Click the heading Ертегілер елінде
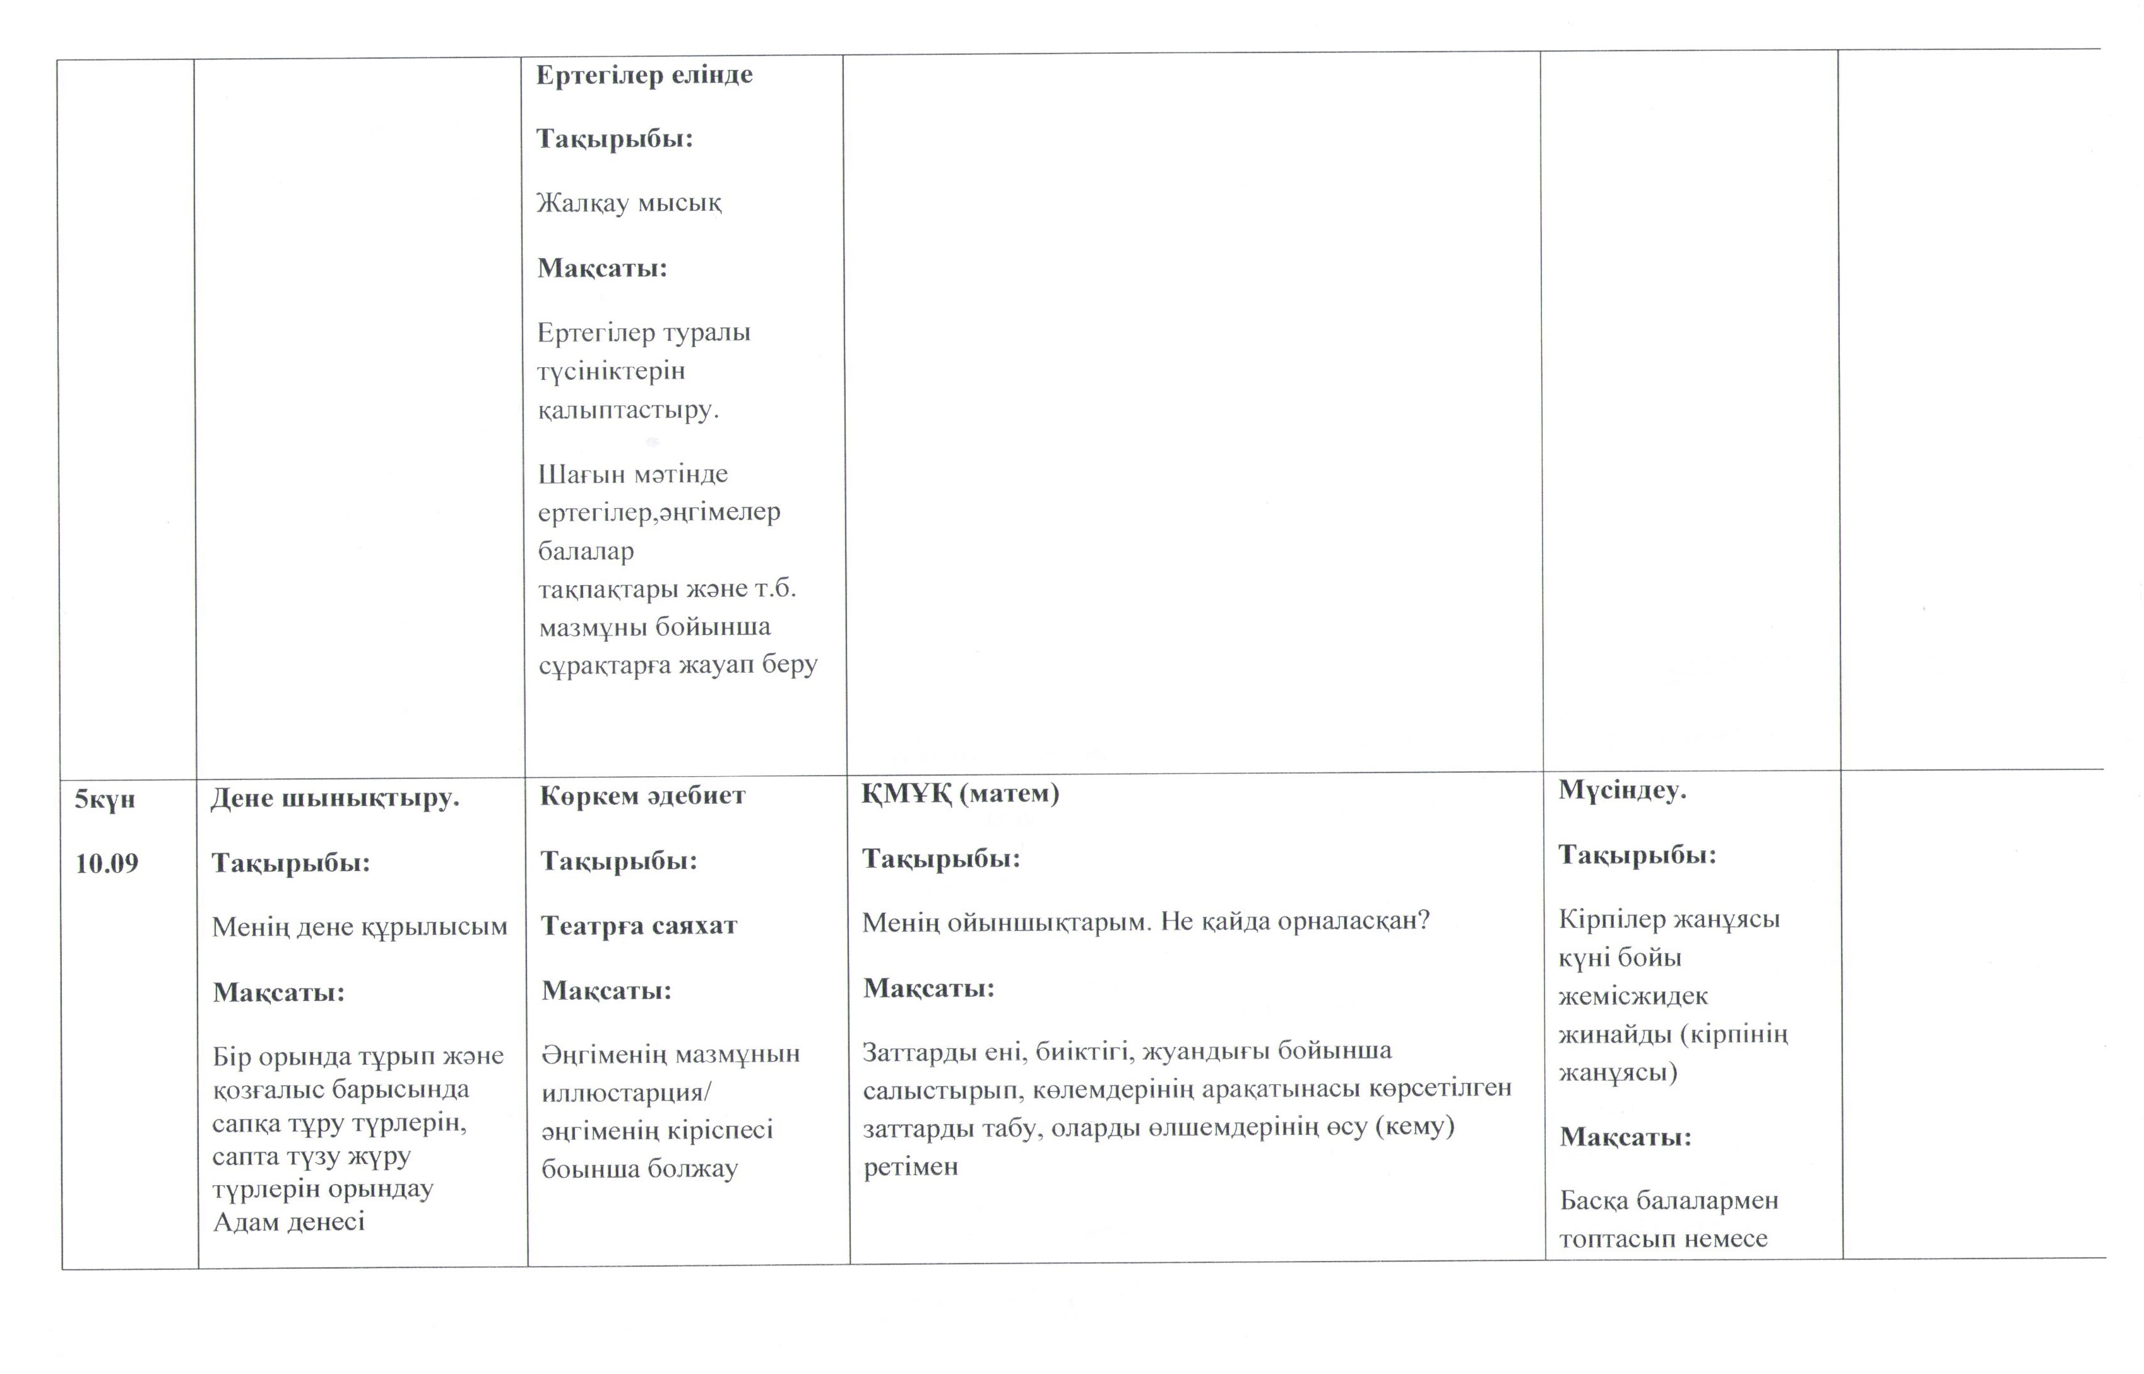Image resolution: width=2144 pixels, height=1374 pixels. pos(644,75)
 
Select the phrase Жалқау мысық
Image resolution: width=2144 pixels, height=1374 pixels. pos(629,203)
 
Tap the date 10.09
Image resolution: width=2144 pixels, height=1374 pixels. pos(106,863)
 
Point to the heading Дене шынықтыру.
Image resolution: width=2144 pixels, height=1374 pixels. pos(335,798)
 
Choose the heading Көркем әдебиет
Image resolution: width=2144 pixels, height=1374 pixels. pos(643,796)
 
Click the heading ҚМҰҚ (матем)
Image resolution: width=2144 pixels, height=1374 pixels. pos(960,793)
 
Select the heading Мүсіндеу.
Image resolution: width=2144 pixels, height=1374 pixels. pos(1622,790)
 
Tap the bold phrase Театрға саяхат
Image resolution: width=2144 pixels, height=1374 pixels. pos(639,925)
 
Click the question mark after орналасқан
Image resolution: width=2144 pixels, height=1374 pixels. pos(1423,920)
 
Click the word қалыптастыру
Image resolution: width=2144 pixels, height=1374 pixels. pos(627,410)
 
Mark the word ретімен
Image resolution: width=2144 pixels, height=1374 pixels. pos(910,1166)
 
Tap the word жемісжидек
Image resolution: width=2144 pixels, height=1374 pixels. pos(1633,996)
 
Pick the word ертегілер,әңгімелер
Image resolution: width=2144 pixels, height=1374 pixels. pos(658,513)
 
